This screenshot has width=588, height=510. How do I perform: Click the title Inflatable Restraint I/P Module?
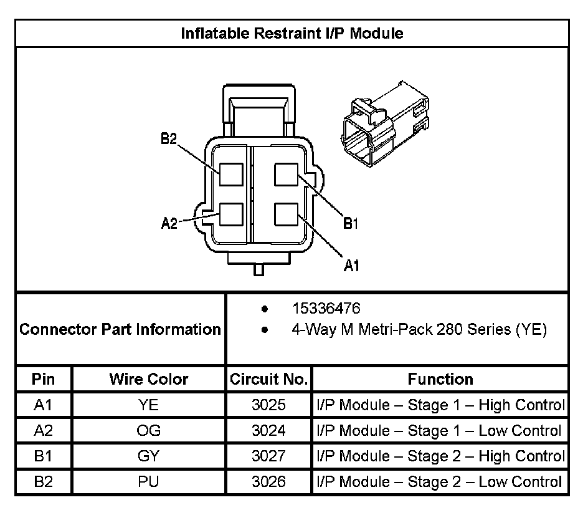(x=292, y=33)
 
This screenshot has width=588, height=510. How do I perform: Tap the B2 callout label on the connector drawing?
(x=168, y=139)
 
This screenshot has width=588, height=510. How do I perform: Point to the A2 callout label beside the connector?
(x=169, y=223)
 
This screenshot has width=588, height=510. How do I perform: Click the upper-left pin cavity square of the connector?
(x=230, y=174)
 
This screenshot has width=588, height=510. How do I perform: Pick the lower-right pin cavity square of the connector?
(x=287, y=214)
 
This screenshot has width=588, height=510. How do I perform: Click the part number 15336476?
(x=326, y=309)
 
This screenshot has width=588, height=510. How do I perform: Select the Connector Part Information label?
(x=120, y=329)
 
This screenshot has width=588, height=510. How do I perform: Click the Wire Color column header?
(x=149, y=379)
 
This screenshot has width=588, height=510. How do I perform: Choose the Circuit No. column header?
(x=268, y=379)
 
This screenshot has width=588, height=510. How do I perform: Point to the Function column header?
(x=440, y=379)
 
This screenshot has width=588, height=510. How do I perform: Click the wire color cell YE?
(x=149, y=405)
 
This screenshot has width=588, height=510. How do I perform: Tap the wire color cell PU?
(x=149, y=481)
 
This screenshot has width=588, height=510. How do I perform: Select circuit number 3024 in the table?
(x=268, y=431)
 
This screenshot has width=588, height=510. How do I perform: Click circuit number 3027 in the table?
(x=268, y=456)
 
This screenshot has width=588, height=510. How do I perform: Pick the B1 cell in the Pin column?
(x=43, y=456)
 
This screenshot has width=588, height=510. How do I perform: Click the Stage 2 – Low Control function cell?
(x=440, y=481)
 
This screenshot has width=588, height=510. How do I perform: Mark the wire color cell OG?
(x=149, y=431)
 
